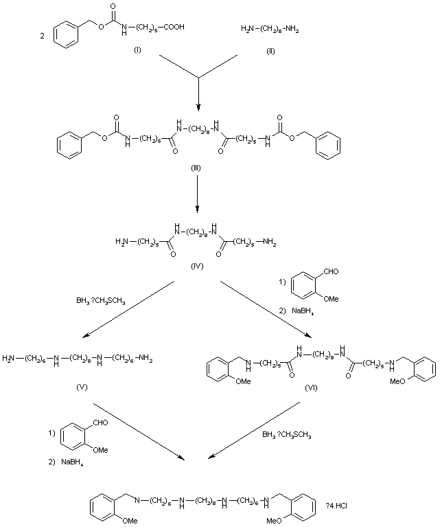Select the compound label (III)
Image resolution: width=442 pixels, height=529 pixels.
pos(198,168)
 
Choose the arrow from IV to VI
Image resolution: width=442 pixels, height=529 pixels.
pos(265,308)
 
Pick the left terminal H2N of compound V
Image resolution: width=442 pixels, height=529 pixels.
pos(10,358)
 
